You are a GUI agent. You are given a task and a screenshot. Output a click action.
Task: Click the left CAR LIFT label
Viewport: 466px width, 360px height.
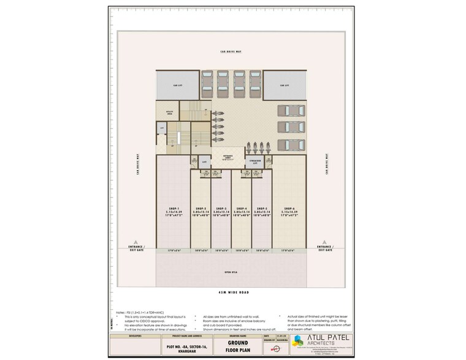pyautogui.click(x=177, y=85)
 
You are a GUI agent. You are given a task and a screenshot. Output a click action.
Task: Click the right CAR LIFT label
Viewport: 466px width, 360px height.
pyautogui.click(x=284, y=85)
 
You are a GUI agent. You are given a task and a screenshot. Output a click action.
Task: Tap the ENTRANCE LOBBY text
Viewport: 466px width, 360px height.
pyautogui.click(x=228, y=157)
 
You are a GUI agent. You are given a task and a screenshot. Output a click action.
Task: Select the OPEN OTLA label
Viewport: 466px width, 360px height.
pyautogui.click(x=232, y=272)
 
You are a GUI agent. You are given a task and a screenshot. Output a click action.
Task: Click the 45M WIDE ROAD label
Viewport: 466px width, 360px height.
pyautogui.click(x=232, y=293)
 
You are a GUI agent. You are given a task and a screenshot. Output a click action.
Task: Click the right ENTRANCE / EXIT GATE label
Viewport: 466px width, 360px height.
pyautogui.click(x=324, y=248)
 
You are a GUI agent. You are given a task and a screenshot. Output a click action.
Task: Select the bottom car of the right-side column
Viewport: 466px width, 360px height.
pyautogui.click(x=291, y=145)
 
